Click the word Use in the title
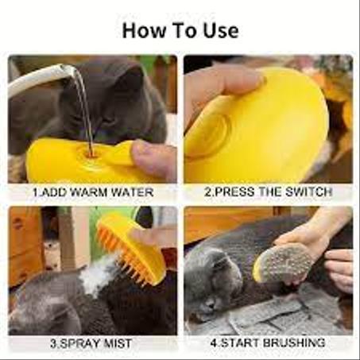(x=221, y=30)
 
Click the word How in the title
(x=143, y=30)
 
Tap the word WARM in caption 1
(x=88, y=192)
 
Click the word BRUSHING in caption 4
(x=294, y=343)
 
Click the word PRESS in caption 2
(x=234, y=192)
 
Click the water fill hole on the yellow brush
(x=90, y=153)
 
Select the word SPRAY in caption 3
(x=79, y=343)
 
